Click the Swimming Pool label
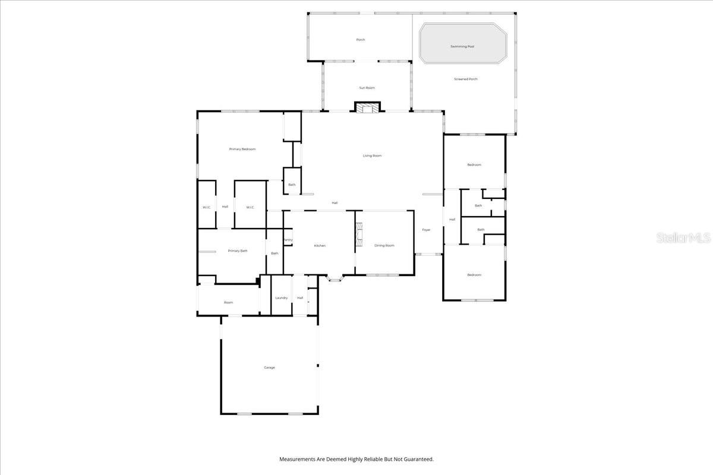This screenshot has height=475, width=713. point(462,46)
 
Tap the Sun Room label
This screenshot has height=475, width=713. point(367,88)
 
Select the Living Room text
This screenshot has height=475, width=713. point(373,156)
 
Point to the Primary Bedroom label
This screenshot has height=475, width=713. point(242,149)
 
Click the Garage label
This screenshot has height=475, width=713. point(269,368)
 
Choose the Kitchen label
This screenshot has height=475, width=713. point(320,245)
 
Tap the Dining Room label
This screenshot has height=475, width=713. point(384,245)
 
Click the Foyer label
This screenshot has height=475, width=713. point(426,230)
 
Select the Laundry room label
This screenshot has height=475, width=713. point(282,297)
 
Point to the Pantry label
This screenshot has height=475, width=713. point(288,240)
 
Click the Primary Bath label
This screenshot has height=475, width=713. point(238,251)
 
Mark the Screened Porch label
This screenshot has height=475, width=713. point(466,79)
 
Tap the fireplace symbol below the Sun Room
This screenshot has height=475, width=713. point(367,107)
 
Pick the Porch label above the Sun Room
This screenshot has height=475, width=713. point(361,40)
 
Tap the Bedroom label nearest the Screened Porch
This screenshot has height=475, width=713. point(474,164)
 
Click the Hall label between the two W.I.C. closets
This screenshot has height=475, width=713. point(225,207)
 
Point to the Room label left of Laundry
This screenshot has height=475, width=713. point(228,302)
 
